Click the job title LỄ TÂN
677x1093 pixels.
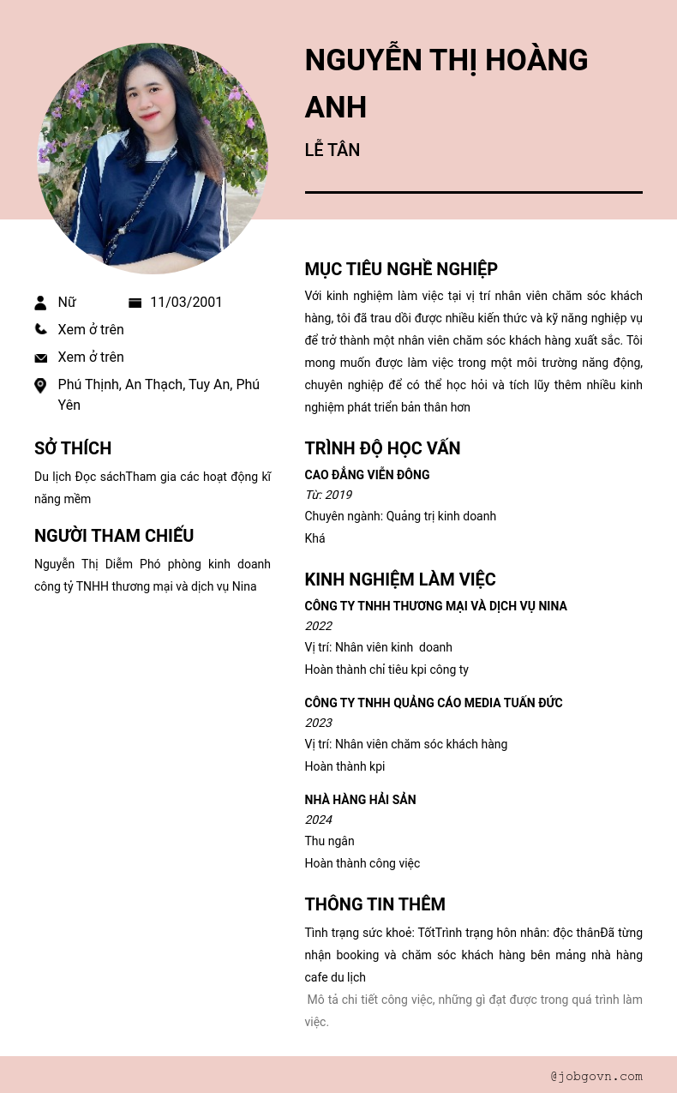332,150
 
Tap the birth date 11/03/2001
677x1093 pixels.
186,302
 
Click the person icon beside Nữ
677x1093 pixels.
40,303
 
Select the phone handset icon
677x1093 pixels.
40,329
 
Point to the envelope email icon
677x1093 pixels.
40,357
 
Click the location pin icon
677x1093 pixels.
40,386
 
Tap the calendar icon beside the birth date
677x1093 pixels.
135,303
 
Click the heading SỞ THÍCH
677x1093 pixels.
73,448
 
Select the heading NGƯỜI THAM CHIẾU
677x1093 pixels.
114,536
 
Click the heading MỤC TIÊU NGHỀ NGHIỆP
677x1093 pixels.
401,269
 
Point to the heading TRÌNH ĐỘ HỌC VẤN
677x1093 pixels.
382,448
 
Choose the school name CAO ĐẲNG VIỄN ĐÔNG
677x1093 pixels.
367,475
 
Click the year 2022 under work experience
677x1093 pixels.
318,626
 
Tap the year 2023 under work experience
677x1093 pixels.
318,723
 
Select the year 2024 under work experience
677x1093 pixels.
318,820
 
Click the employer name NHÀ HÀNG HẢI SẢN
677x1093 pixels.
360,800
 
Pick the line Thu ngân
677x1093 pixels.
329,841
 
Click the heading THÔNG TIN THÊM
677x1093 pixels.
374,904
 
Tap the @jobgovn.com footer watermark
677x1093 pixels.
596,1076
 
